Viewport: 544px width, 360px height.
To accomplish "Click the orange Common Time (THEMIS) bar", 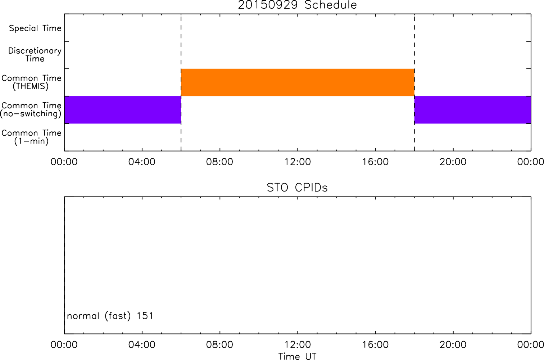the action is (x=298, y=82).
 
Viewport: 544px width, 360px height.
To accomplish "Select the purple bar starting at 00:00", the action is (x=123, y=110).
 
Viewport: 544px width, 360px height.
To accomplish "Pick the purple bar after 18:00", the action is (x=473, y=110).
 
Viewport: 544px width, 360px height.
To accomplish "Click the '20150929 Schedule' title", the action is (x=297, y=5).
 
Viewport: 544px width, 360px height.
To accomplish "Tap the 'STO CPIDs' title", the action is (x=297, y=188).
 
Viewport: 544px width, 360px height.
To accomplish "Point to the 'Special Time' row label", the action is (x=35, y=28).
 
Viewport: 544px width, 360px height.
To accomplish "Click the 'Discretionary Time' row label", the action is (x=35, y=55).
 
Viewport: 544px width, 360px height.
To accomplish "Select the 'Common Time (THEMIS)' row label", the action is (x=31, y=82).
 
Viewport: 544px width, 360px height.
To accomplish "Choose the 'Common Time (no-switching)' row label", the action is (x=31, y=110).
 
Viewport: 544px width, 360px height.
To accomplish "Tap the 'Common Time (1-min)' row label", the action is (x=31, y=137).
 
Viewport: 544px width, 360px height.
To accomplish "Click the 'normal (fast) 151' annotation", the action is (x=110, y=316).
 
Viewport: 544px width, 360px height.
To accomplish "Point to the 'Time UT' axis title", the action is (x=297, y=356).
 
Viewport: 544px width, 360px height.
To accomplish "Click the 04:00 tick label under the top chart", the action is (x=142, y=162).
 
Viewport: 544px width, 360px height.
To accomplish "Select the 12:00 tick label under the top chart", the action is (x=298, y=162).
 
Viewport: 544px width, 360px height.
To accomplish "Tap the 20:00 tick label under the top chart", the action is (x=453, y=162).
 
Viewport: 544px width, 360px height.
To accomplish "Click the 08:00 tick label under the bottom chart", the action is (x=219, y=345).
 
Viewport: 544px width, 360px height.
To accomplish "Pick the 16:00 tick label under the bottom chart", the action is (x=375, y=345).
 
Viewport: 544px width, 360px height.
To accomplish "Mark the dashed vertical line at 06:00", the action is (x=181, y=82).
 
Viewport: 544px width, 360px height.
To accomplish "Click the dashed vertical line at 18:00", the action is (x=414, y=82).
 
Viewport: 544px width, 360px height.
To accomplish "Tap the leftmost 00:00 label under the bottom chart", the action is (x=64, y=345).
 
